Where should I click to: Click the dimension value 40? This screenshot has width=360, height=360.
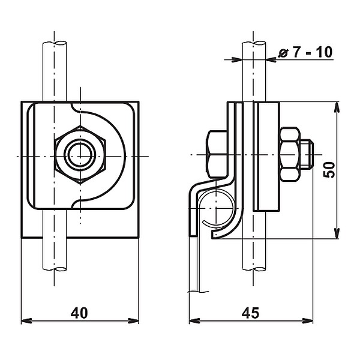coord(79,313)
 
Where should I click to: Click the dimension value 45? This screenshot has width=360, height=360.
coord(251,313)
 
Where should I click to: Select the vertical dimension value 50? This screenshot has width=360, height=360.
coord(329,169)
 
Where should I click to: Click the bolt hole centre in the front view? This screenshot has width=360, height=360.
coord(80,155)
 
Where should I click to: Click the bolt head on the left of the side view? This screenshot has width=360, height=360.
coord(216,154)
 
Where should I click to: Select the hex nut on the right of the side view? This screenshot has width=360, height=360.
coord(289,154)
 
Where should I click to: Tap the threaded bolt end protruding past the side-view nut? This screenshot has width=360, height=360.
coord(306,154)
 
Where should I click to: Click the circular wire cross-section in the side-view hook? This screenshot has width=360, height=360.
coord(217,207)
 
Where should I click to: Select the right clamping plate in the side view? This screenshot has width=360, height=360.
coord(267,156)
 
